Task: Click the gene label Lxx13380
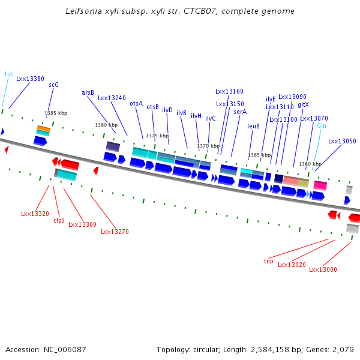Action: (x=30, y=79)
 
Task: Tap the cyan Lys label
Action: (x=9, y=74)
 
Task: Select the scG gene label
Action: (x=53, y=85)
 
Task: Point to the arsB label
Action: (x=88, y=92)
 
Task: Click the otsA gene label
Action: (x=136, y=103)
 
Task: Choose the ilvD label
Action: (x=167, y=110)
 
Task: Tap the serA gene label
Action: (x=240, y=112)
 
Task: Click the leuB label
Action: (x=253, y=126)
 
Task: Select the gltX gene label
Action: (x=303, y=104)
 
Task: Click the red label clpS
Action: (x=59, y=220)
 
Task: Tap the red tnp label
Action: (x=268, y=261)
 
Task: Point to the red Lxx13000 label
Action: (x=323, y=269)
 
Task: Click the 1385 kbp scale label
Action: (x=56, y=113)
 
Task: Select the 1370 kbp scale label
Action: (x=208, y=146)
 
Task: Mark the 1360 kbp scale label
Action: (x=310, y=164)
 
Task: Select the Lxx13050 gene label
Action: (x=342, y=141)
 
